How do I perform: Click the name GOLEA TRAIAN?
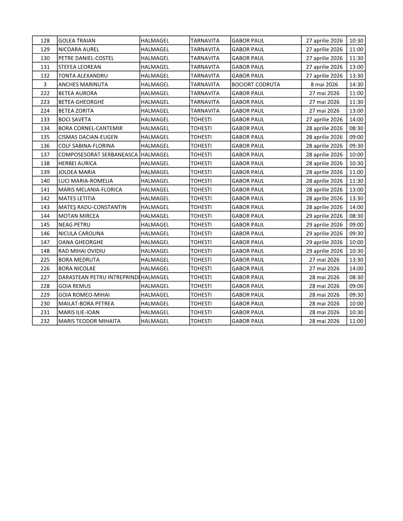pos(77,41)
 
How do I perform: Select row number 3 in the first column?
pos(45,85)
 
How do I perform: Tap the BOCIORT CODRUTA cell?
pos(256,85)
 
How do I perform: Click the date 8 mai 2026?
pos(324,85)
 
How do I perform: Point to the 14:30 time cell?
pos(356,85)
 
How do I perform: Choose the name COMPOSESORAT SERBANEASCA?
pos(98,155)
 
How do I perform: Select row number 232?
pos(45,321)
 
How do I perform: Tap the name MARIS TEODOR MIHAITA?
pos(89,321)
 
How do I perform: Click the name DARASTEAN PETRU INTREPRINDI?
pos(98,277)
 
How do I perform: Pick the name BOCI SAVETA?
pos(74,120)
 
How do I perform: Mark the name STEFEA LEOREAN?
pos(80,67)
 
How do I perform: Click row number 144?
pos(45,216)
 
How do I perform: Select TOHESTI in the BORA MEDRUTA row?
pos(201,260)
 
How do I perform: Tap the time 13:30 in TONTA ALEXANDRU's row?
pos(356,76)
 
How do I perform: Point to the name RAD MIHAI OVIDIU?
pos(82,251)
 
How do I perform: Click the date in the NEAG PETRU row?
pos(324,225)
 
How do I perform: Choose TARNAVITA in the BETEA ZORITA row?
pos(205,111)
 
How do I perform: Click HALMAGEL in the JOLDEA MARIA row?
pos(155,172)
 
